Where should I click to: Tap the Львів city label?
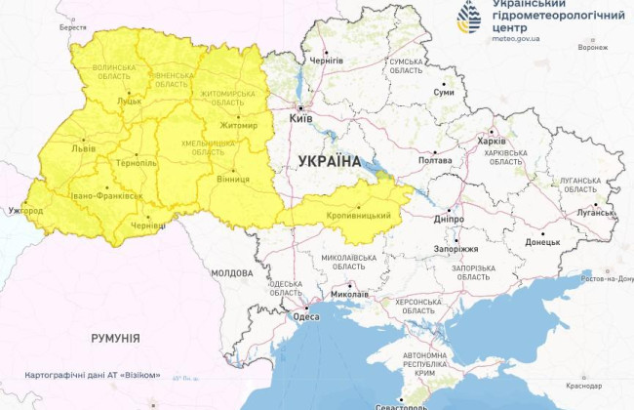pyautogui.click(x=82, y=149)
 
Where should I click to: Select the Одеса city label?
pyautogui.click(x=305, y=315)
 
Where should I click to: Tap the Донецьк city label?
pyautogui.click(x=543, y=240)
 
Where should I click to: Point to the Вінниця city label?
pyautogui.click(x=232, y=179)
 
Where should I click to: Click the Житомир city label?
pyautogui.click(x=237, y=125)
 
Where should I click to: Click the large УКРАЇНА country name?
pyautogui.click(x=329, y=161)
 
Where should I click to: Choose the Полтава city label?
pyautogui.click(x=434, y=160)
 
